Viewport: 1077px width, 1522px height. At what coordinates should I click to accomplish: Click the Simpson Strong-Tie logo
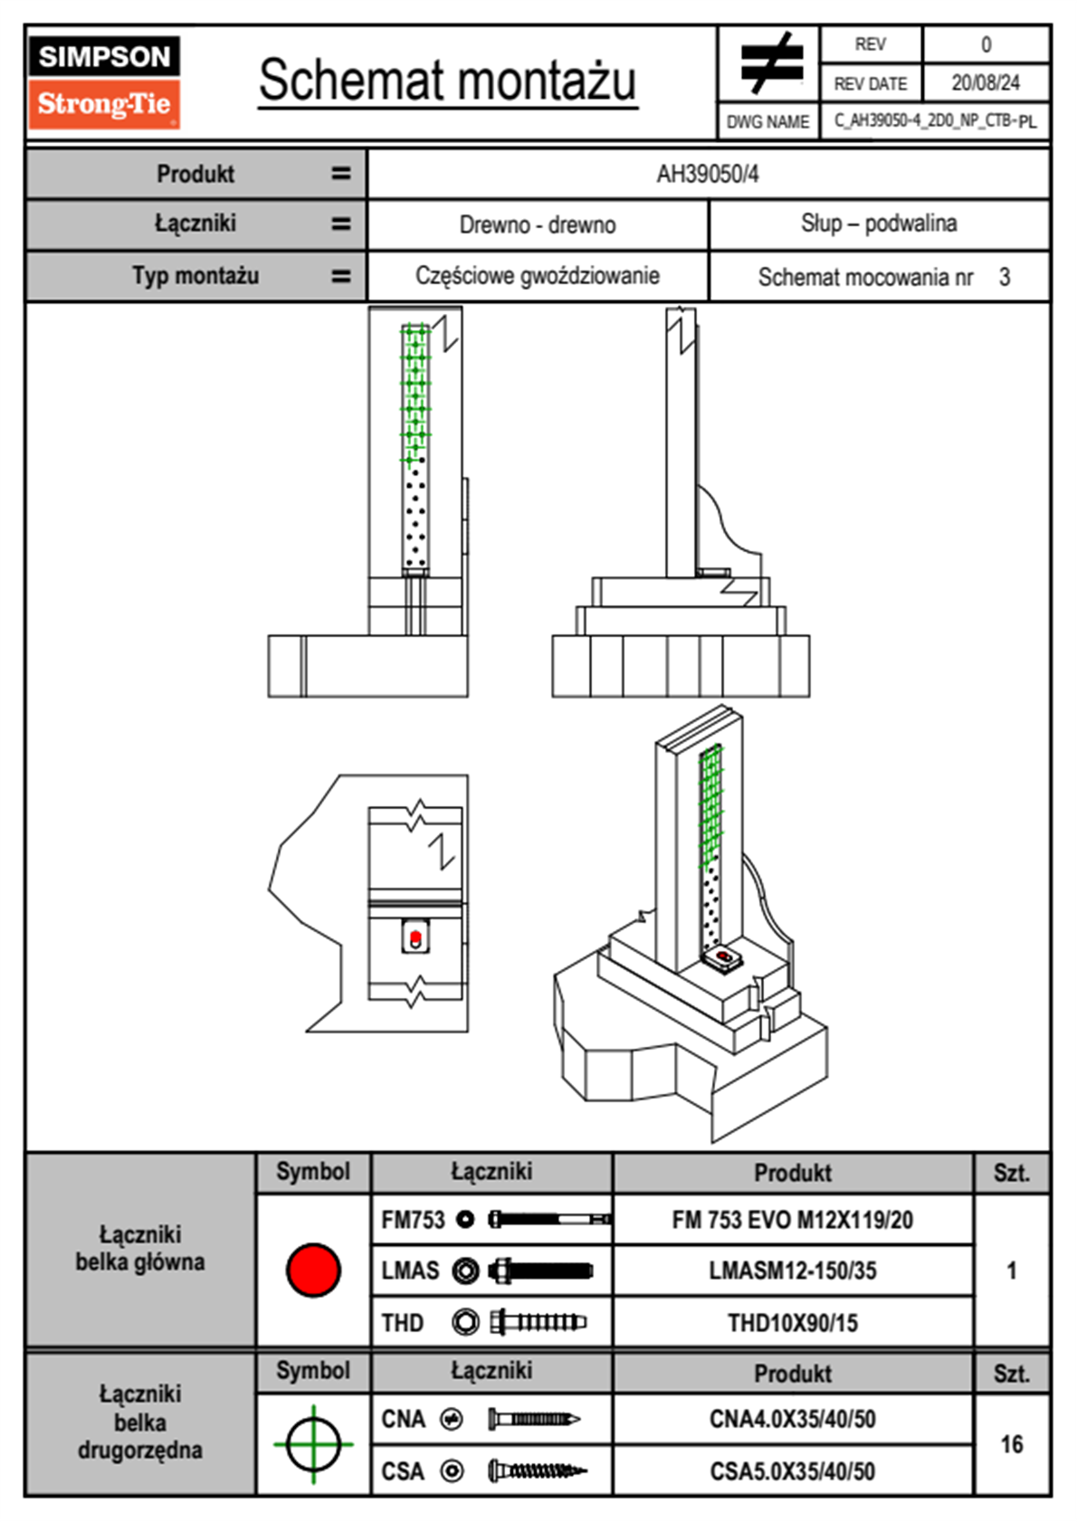click(103, 82)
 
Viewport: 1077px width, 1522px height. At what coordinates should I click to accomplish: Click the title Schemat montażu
click(448, 81)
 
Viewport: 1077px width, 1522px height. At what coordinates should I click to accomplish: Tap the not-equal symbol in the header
click(769, 64)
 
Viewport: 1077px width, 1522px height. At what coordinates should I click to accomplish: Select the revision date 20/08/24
click(985, 83)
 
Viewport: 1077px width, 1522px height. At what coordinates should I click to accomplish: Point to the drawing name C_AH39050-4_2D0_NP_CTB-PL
click(935, 121)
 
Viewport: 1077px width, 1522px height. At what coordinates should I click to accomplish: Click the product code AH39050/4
click(708, 175)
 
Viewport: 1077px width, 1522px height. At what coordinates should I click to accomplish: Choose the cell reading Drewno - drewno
click(538, 224)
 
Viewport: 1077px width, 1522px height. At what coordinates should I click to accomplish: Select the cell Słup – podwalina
click(878, 224)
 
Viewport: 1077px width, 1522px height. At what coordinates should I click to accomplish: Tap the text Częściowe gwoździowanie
click(538, 276)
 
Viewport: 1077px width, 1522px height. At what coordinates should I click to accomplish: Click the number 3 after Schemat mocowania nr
click(1005, 277)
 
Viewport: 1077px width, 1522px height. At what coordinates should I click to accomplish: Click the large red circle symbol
click(313, 1270)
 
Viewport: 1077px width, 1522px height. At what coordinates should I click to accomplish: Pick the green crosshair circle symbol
click(313, 1444)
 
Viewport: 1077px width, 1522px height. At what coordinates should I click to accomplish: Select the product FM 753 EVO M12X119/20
click(792, 1221)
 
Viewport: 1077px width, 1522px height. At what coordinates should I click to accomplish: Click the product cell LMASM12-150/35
click(792, 1271)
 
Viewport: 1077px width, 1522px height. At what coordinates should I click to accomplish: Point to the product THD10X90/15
click(792, 1323)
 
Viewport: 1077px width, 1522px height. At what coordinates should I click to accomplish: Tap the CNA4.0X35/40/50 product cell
click(792, 1419)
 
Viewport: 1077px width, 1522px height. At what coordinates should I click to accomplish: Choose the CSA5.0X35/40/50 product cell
click(792, 1471)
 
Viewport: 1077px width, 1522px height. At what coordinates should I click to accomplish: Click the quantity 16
click(1011, 1444)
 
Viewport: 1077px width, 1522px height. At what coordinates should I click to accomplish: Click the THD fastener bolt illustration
click(538, 1323)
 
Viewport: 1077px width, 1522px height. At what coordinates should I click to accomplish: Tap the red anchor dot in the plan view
click(415, 936)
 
